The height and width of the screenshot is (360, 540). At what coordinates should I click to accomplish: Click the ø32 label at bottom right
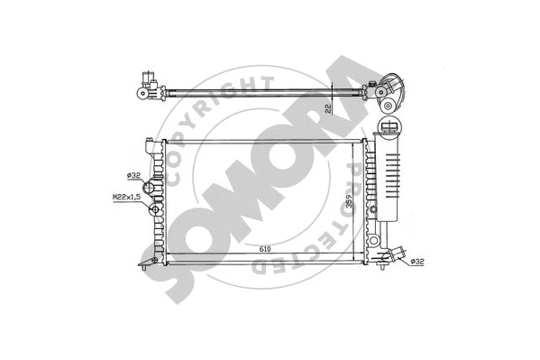[417, 263]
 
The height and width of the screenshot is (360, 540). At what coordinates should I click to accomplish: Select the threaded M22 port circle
[154, 212]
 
